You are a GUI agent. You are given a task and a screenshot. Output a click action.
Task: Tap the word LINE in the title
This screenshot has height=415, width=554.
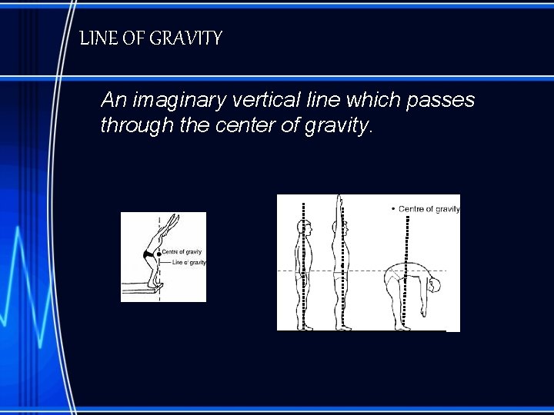[96, 38]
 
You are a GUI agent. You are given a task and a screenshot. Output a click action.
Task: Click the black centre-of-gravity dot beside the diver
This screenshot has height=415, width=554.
[159, 254]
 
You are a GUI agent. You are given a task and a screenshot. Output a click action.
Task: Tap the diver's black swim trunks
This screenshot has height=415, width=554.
[149, 254]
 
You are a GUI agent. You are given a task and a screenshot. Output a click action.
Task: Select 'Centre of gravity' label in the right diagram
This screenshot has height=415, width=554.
[429, 208]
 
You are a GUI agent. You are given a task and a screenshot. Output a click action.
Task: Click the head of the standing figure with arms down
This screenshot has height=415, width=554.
[304, 227]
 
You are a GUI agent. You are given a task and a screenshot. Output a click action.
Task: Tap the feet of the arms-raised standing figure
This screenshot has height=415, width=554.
[342, 327]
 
